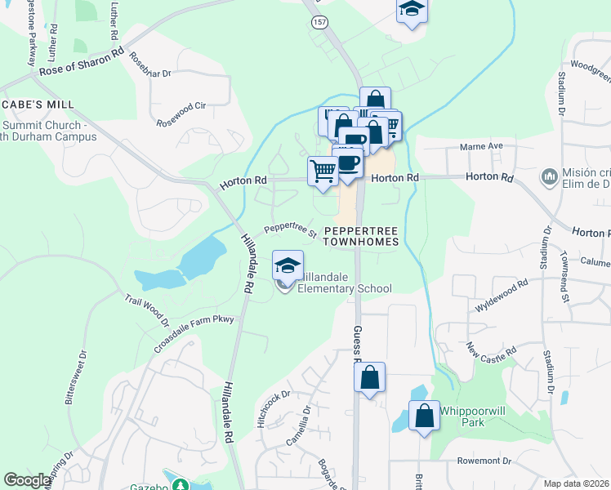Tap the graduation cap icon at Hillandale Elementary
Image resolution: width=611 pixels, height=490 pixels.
pos(288,265)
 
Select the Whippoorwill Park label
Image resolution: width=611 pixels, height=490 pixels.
pos(462,416)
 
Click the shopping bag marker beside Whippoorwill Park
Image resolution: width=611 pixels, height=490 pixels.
pos(425,416)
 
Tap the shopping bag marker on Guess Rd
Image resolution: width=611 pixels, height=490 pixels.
pos(369,378)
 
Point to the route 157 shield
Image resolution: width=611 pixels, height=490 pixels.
pos(319,23)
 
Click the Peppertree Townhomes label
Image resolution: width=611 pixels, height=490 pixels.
pos(361,237)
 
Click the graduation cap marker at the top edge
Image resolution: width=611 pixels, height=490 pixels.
pos(412,11)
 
